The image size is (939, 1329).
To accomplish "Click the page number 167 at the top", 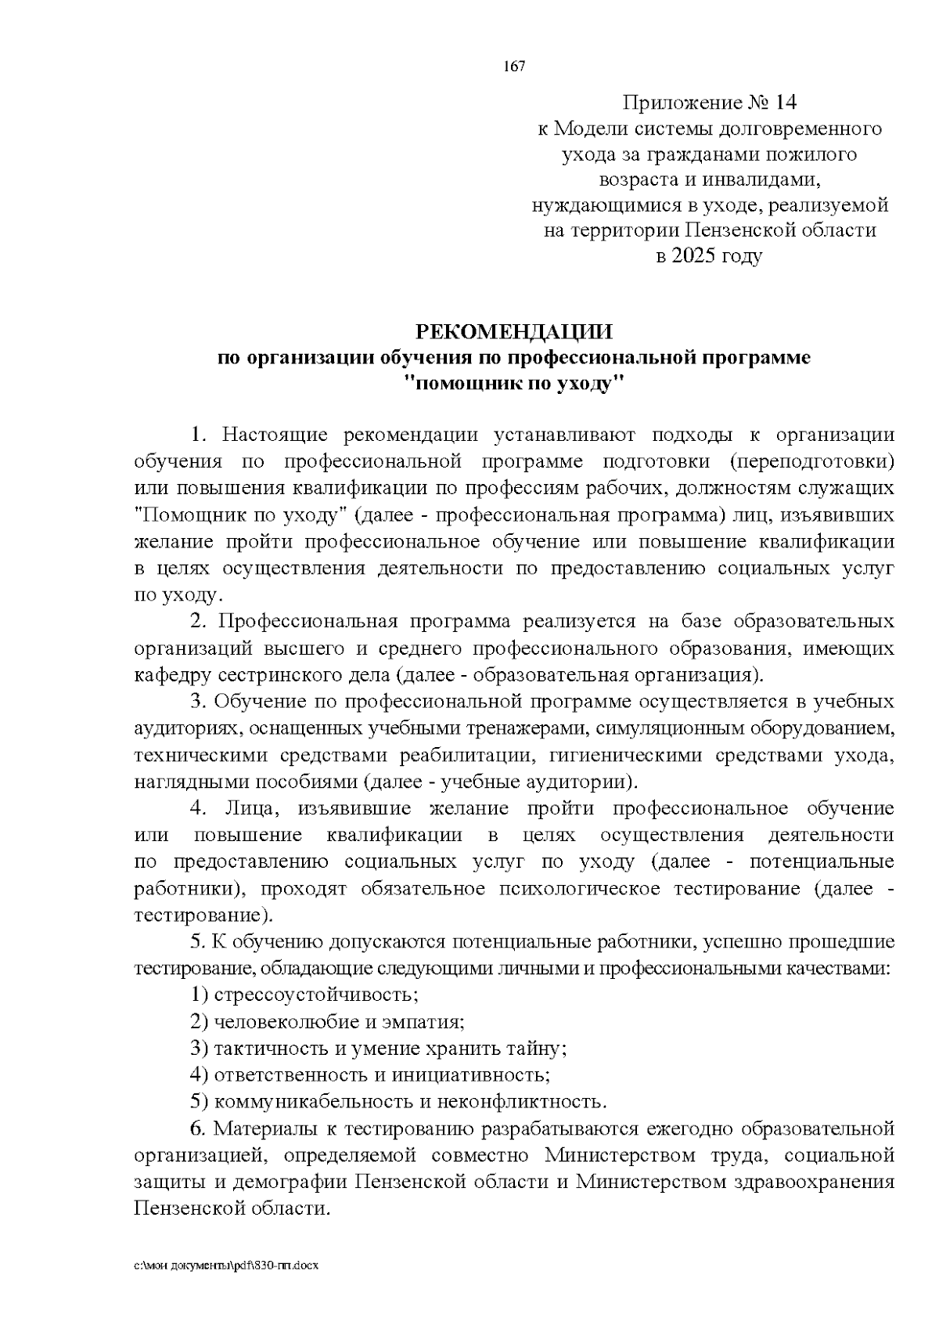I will (x=513, y=66).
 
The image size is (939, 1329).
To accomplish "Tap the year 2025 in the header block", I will (x=692, y=255).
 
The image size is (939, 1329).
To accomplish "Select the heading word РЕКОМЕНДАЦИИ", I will (x=514, y=331).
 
